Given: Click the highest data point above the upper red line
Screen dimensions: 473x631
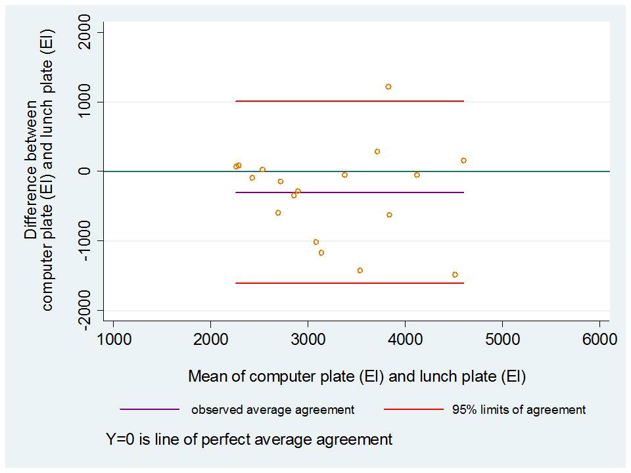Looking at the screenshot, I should pyautogui.click(x=388, y=87).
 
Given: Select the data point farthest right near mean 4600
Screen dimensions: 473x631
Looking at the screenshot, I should pyautogui.click(x=463, y=160).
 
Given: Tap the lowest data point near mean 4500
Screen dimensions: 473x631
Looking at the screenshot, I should pyautogui.click(x=455, y=275).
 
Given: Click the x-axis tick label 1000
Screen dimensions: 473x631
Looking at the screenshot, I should pyautogui.click(x=113, y=340).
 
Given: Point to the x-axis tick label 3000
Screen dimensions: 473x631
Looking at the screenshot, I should pyautogui.click(x=308, y=340).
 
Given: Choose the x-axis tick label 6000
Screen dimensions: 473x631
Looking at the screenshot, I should pyautogui.click(x=599, y=340).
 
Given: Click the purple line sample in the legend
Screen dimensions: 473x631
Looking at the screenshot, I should pyautogui.click(x=150, y=409).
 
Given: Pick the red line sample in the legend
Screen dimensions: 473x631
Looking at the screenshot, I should pyautogui.click(x=414, y=409).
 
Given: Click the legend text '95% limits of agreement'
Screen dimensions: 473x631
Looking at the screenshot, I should pyautogui.click(x=519, y=410).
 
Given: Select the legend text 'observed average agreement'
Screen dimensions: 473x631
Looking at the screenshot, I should pyautogui.click(x=273, y=410).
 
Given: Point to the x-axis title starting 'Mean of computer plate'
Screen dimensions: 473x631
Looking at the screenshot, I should pyautogui.click(x=357, y=377).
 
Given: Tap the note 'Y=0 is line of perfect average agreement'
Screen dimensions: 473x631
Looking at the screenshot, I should pyautogui.click(x=249, y=439).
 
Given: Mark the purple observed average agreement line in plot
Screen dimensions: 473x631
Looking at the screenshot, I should pyautogui.click(x=362, y=192).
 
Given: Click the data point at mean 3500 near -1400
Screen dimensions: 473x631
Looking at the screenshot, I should pyautogui.click(x=360, y=271).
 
